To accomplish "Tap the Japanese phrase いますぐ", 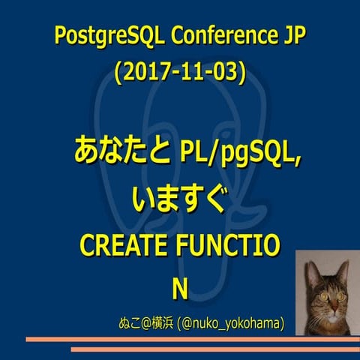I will [x=178, y=198].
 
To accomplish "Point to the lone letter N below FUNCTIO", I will [x=179, y=289].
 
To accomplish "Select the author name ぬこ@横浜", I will [x=145, y=323].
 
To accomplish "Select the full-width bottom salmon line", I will [x=180, y=349].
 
